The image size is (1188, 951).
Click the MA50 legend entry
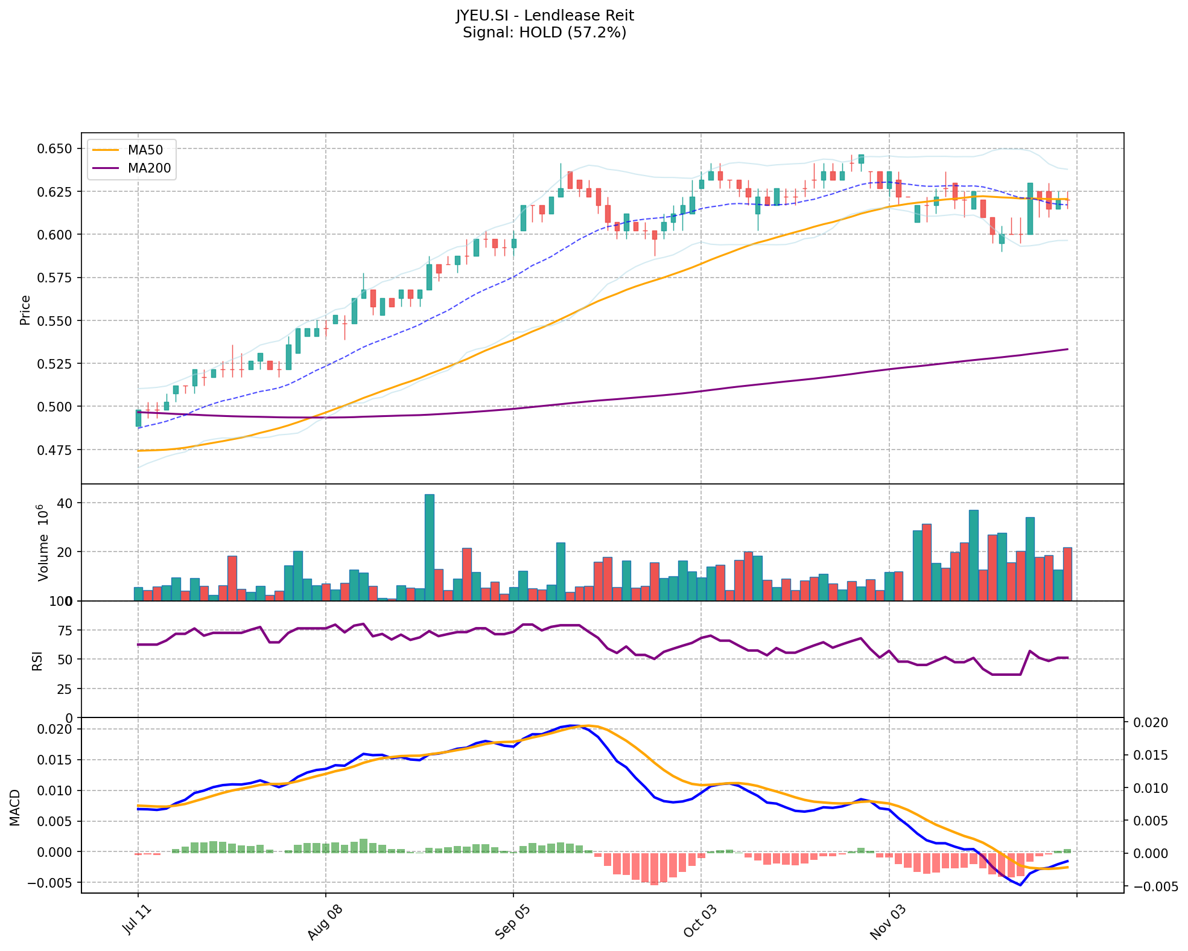point(145,150)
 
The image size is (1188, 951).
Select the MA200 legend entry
point(149,168)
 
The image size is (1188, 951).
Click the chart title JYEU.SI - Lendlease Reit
point(544,15)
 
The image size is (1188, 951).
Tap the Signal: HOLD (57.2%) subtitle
point(544,32)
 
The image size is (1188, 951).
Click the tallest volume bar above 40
point(429,547)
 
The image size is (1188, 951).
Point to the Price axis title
point(25,310)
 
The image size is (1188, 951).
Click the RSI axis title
point(37,661)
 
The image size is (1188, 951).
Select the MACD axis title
point(15,807)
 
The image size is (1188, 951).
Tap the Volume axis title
point(43,544)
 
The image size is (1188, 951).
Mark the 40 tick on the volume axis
point(65,503)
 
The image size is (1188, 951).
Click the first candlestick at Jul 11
point(138,418)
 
